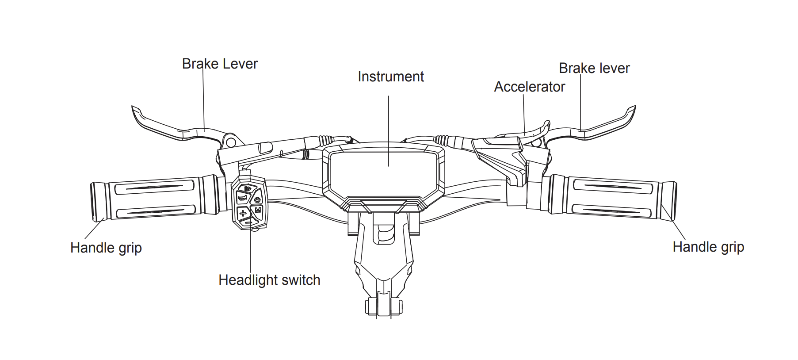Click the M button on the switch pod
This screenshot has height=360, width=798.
258,210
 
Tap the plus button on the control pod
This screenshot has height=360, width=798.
243,213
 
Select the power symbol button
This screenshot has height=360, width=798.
257,199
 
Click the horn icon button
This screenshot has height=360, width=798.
242,198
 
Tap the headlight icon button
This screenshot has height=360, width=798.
247,189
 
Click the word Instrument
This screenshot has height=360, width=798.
391,77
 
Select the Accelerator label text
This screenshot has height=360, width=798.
529,87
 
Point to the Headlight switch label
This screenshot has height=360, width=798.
269,280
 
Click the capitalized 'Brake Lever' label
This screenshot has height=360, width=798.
220,64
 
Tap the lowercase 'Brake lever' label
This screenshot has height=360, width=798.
594,68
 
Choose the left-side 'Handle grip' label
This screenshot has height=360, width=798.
106,248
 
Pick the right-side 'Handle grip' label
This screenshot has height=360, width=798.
708,247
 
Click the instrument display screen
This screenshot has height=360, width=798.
383,172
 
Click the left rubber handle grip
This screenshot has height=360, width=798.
155,199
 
